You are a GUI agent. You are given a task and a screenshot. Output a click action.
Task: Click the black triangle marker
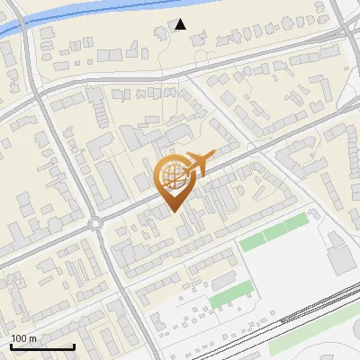pyautogui.click(x=181, y=24)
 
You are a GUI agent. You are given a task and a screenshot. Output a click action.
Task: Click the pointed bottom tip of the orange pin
pyautogui.click(x=175, y=212)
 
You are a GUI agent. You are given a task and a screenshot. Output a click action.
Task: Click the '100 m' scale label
pyautogui.click(x=23, y=337)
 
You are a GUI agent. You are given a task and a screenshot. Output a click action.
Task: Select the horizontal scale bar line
pyautogui.click(x=42, y=346)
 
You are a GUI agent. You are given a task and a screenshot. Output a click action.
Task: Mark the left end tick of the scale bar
pyautogui.click(x=12, y=346)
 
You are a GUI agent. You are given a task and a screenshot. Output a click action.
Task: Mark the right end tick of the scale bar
pyautogui.click(x=74, y=346)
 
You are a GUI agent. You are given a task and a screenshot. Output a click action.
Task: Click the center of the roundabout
pyautogui.click(x=94, y=223)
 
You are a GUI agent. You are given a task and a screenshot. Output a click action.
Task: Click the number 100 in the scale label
pyautogui.click(x=19, y=337)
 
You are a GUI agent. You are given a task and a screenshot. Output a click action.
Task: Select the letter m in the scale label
pyautogui.click(x=32, y=337)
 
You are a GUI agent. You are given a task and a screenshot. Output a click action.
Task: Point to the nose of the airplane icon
pyautogui.click(x=214, y=154)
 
